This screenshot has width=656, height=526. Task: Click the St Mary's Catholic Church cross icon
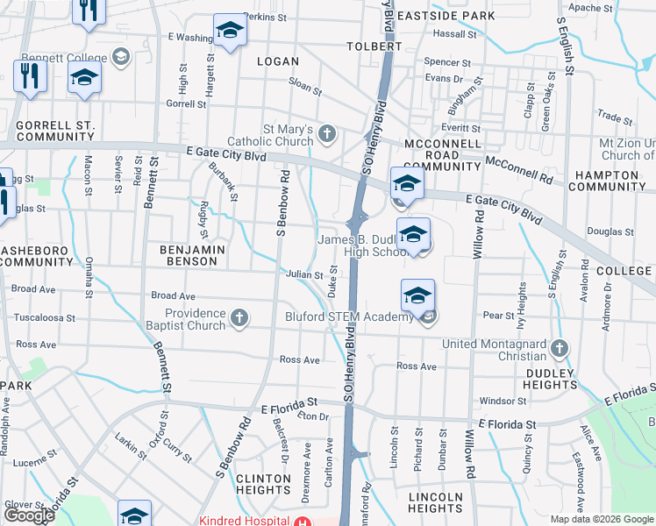327,134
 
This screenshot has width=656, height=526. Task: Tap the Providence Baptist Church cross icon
239,319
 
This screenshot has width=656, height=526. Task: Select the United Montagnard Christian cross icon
559,350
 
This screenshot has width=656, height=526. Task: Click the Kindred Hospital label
244,520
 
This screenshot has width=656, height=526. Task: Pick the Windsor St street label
503,402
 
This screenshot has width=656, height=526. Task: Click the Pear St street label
497,315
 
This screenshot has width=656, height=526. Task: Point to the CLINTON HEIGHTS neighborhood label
262,485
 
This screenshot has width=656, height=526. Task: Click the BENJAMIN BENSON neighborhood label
193,256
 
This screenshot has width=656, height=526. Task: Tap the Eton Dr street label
312,416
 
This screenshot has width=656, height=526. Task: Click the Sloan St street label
305,86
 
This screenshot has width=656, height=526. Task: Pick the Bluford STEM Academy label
349,317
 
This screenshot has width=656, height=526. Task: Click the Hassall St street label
454,33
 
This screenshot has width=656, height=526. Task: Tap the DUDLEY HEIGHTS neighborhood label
551,379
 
